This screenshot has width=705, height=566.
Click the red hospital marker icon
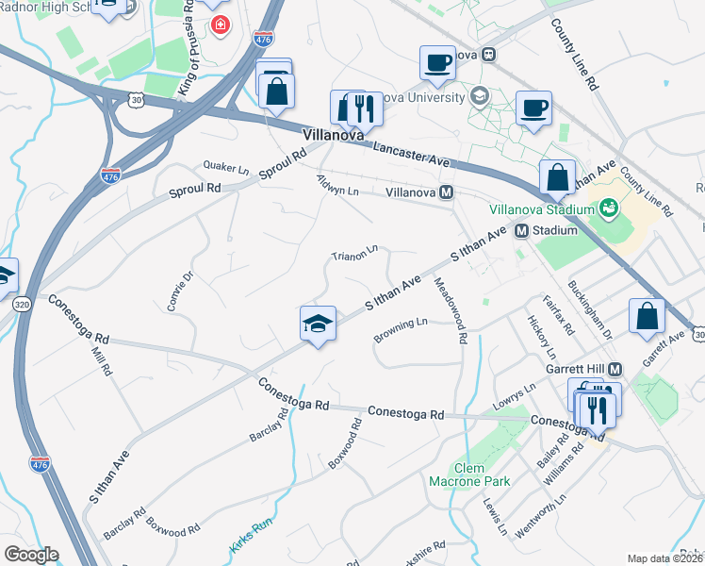pyautogui.click(x=221, y=24)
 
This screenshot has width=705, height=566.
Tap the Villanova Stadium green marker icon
pyautogui.click(x=609, y=206)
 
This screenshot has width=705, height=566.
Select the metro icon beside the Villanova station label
pyautogui.click(x=448, y=191)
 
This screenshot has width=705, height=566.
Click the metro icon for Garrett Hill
pyautogui.click(x=615, y=369)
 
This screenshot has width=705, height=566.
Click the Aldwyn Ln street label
pyautogui.click(x=338, y=188)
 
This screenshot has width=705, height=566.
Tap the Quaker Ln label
pyautogui.click(x=226, y=167)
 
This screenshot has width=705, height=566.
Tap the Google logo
pyautogui.click(x=31, y=555)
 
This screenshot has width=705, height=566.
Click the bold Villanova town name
pyautogui.click(x=333, y=136)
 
